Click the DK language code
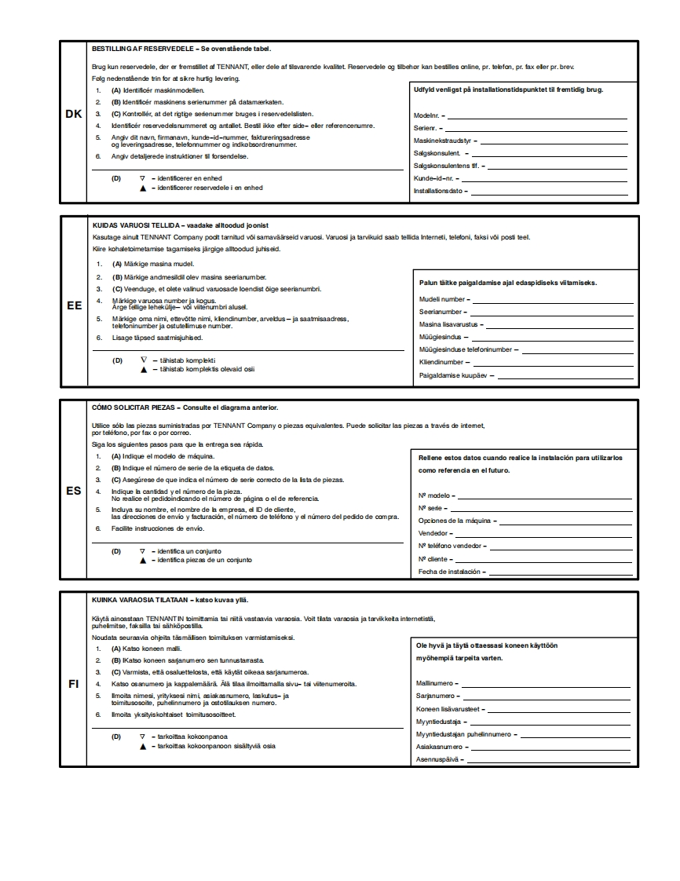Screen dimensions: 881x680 coord(74,115)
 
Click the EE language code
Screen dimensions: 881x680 coord(74,306)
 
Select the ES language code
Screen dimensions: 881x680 coord(74,492)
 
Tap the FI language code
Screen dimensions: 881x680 coord(74,684)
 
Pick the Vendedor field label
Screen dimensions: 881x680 coord(433,533)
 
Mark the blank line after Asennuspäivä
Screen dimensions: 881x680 coord(550,760)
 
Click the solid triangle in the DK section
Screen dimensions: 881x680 coord(143,188)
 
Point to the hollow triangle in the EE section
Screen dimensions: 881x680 coord(144,360)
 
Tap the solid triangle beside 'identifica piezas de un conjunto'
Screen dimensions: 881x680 coord(143,561)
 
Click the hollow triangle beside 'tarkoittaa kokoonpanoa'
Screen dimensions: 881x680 coord(143,737)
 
